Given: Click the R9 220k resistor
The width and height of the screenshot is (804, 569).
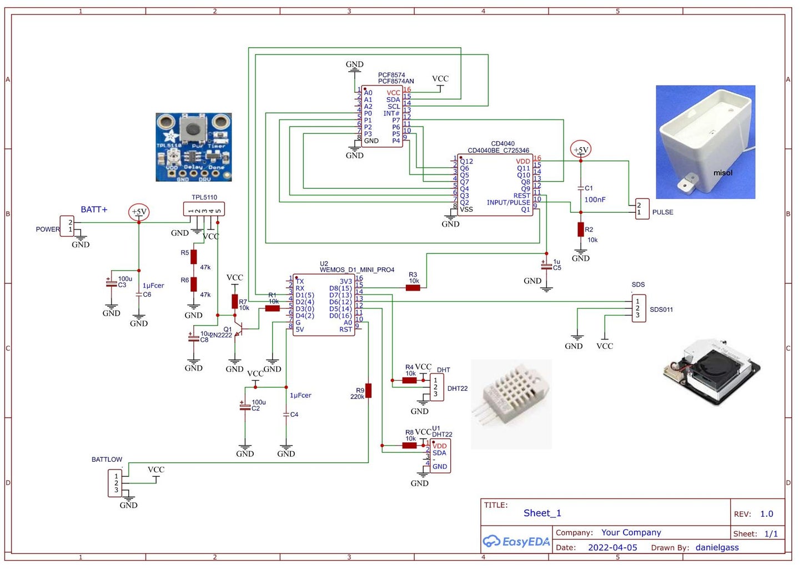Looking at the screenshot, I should point(368,391).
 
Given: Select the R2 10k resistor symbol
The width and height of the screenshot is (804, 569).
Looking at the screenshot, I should point(581,229).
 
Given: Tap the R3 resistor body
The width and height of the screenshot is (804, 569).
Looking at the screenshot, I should point(413,287).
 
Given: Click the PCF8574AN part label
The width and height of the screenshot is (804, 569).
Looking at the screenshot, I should point(396,81).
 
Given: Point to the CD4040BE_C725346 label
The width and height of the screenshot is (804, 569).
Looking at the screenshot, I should point(498,151).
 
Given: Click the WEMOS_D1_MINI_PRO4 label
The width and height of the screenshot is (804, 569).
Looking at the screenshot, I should point(357,270).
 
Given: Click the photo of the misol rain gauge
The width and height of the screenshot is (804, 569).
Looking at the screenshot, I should point(705,142).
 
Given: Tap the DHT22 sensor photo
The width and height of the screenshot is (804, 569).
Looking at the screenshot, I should point(511,404).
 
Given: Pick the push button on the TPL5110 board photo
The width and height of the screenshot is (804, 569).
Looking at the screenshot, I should point(193,129).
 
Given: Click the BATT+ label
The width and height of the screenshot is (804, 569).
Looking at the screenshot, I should point(94,209).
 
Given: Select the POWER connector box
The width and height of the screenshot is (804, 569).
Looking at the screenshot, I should point(67,226).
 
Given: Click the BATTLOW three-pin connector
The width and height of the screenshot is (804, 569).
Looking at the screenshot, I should point(115,483).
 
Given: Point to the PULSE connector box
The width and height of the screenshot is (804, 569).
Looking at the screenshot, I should point(642,209).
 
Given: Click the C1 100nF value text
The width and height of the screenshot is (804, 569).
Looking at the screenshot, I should point(595,199).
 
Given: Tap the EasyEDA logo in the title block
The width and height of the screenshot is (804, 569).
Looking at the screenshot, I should point(516,541).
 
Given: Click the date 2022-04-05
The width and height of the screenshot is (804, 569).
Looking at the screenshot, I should point(612,547).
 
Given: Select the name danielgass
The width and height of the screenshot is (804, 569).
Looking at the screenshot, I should point(717,547).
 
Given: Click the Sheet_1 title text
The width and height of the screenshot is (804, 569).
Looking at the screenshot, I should point(542,513).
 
